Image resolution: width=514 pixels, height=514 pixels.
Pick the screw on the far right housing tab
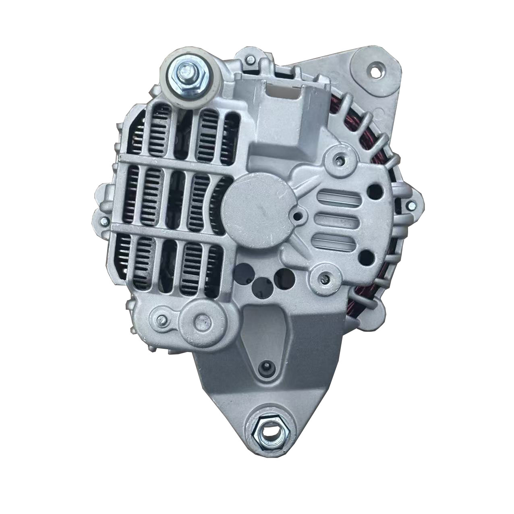[x=410, y=204]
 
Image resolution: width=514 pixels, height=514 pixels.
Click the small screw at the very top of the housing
[x=250, y=60]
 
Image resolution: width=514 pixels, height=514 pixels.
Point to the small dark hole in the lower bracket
[x=265, y=367]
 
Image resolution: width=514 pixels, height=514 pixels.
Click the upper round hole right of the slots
[x=375, y=191]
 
